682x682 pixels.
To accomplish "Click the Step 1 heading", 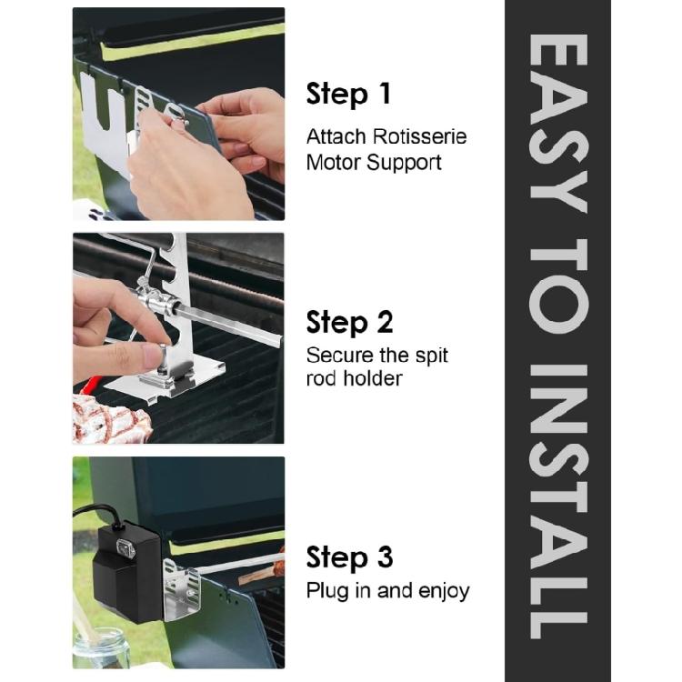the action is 348,94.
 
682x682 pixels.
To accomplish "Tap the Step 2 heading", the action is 349,323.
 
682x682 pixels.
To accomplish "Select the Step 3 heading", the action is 349,557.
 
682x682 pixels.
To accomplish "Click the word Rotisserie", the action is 420,137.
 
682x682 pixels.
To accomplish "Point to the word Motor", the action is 334,163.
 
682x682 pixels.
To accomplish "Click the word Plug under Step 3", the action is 327,592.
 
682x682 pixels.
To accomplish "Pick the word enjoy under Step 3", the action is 444,592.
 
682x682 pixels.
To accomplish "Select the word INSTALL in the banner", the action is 558,501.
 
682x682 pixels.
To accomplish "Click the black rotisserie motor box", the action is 126,571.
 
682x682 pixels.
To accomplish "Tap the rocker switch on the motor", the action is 126,549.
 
